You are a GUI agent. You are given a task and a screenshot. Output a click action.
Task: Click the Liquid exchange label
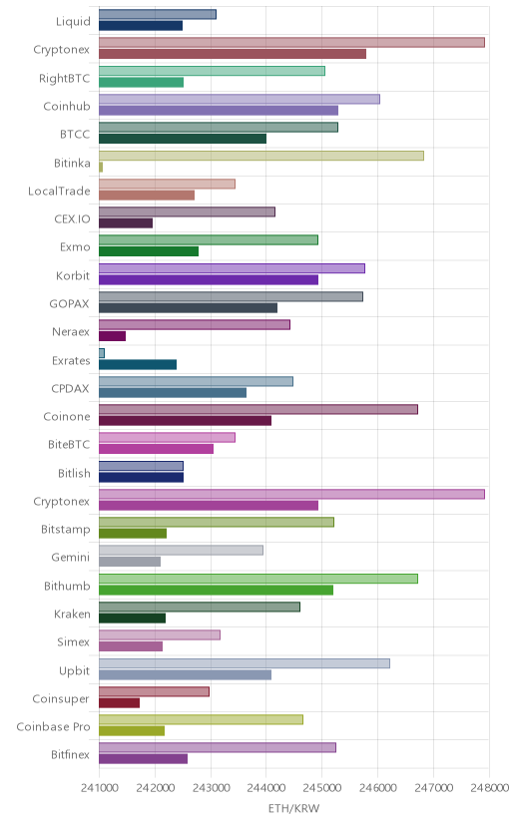pyautogui.click(x=73, y=22)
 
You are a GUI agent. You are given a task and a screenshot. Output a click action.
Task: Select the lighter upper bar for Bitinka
pyautogui.click(x=261, y=156)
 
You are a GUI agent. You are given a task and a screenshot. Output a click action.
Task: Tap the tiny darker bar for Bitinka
pyautogui.click(x=101, y=167)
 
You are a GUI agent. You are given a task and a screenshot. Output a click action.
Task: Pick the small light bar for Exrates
pyautogui.click(x=102, y=353)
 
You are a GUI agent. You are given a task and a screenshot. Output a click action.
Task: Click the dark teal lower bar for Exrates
pyautogui.click(x=138, y=364)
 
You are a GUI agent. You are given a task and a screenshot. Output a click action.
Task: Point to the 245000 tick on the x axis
pyautogui.click(x=321, y=787)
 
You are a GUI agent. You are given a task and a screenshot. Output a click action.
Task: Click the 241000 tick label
pyautogui.click(x=99, y=787)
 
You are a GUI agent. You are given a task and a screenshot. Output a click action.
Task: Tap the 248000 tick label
pyautogui.click(x=490, y=787)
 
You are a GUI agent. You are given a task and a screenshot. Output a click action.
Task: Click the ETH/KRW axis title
pyautogui.click(x=294, y=809)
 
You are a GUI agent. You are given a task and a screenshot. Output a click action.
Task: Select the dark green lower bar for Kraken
pyautogui.click(x=132, y=619)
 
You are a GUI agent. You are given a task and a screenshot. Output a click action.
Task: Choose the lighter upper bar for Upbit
pyautogui.click(x=245, y=663)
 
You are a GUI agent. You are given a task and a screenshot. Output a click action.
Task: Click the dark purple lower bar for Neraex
pyautogui.click(x=112, y=336)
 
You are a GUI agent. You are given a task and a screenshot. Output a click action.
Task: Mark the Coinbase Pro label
pyautogui.click(x=53, y=727)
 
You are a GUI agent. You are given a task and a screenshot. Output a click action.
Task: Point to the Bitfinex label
pyautogui.click(x=71, y=755)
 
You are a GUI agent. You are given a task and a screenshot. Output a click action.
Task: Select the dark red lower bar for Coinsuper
pyautogui.click(x=119, y=702)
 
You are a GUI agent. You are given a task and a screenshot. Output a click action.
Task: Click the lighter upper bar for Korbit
pyautogui.click(x=232, y=268)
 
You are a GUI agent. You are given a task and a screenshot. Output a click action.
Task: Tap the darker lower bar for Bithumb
pyautogui.click(x=216, y=590)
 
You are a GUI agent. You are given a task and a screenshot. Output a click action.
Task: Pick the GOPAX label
pyautogui.click(x=70, y=304)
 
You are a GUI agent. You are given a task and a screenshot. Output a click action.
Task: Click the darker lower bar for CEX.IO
pyautogui.click(x=126, y=223)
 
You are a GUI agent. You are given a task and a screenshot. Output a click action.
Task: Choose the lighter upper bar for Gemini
pyautogui.click(x=182, y=551)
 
